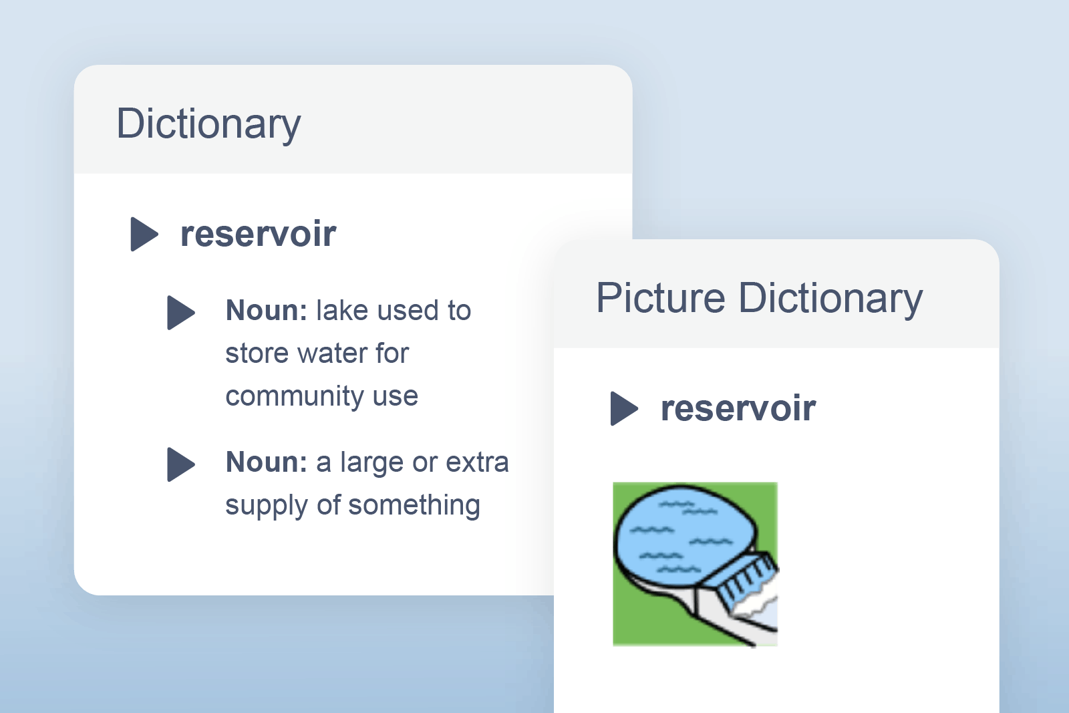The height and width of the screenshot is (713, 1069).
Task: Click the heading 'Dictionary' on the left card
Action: (208, 124)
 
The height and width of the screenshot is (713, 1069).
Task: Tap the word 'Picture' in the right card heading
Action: (660, 298)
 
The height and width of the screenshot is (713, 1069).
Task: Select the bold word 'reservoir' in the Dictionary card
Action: (258, 234)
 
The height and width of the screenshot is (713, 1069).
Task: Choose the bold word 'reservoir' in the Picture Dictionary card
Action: (738, 408)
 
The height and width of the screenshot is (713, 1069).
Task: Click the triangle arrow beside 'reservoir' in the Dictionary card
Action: (144, 234)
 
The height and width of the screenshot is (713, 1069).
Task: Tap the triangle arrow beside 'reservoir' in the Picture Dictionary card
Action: (624, 408)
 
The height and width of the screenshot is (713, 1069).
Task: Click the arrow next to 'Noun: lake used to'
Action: (180, 312)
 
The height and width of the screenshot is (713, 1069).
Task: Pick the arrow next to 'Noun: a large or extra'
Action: (180, 464)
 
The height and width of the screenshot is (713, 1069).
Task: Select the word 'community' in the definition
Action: (294, 396)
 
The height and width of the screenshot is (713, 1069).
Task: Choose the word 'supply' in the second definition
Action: (266, 506)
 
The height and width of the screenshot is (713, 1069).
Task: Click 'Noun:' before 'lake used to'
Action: (266, 311)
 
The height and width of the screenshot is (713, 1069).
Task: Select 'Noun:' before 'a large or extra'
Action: (266, 462)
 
